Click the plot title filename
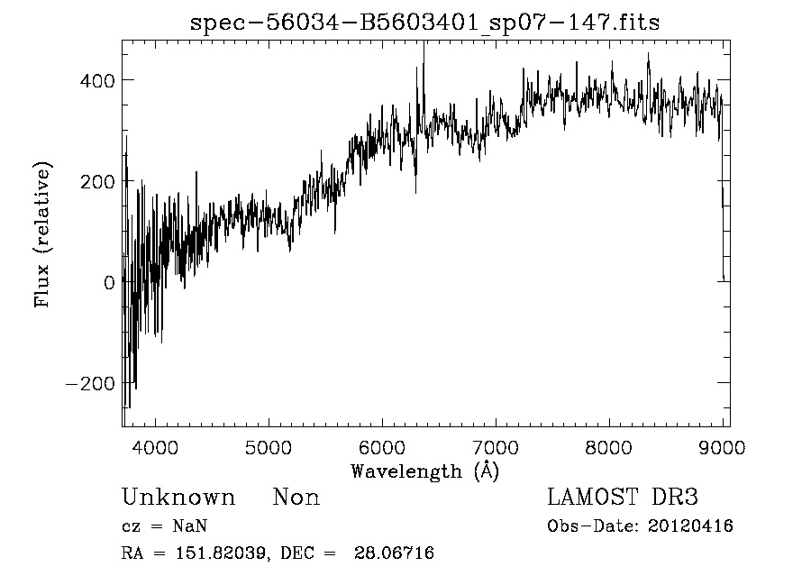click(424, 23)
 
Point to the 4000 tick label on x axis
click(156, 445)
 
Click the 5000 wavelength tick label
click(269, 445)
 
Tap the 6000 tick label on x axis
click(382, 445)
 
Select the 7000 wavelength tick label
click(496, 445)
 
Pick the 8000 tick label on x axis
click(609, 445)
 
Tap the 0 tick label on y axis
click(109, 282)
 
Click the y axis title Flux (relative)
click(42, 234)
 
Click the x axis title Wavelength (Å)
click(424, 471)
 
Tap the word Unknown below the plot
click(178, 498)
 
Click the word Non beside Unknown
click(296, 498)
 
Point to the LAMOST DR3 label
click(623, 498)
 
